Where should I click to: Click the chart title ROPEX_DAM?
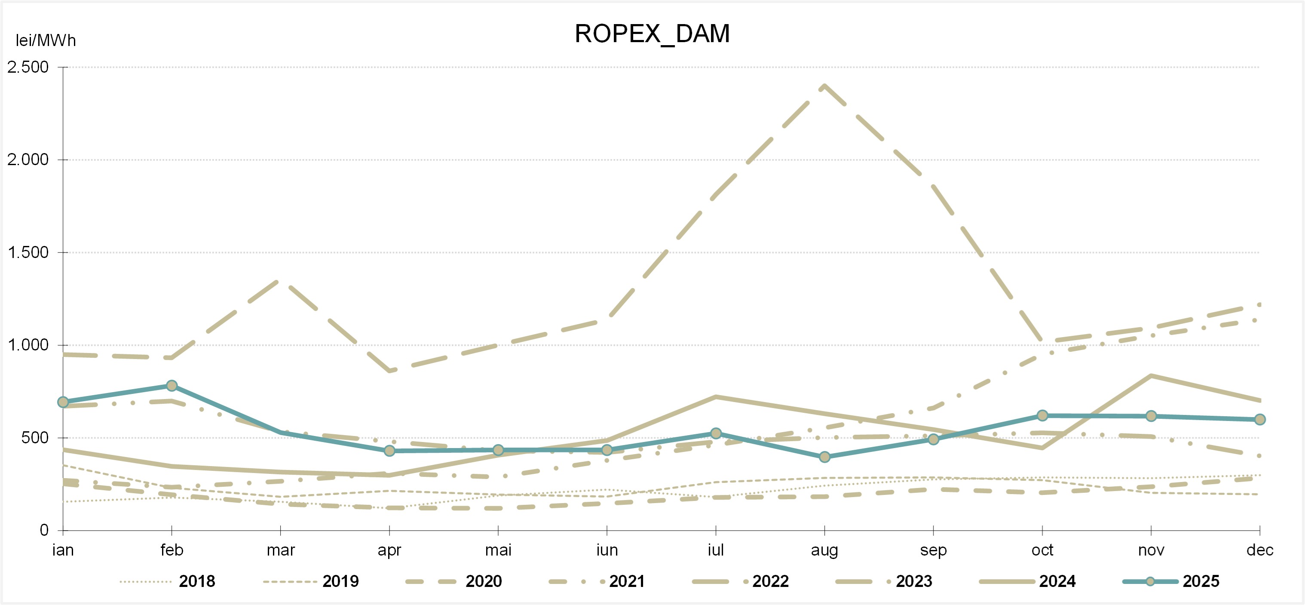click(652, 34)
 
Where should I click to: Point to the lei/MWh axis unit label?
click(46, 40)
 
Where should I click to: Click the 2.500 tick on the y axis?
click(28, 67)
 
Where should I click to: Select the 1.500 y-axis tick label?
click(28, 252)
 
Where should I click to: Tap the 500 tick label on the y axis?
click(34, 438)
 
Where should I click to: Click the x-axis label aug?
click(824, 550)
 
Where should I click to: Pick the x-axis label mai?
click(498, 550)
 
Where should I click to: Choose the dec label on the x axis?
click(1259, 550)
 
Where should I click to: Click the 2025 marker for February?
click(172, 386)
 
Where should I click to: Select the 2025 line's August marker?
click(825, 457)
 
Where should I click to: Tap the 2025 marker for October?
click(1042, 415)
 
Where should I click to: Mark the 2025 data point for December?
click(1260, 420)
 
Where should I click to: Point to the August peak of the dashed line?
click(825, 86)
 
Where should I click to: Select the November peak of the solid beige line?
click(1151, 375)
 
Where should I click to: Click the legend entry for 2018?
click(196, 581)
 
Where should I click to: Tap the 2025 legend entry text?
click(1201, 581)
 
